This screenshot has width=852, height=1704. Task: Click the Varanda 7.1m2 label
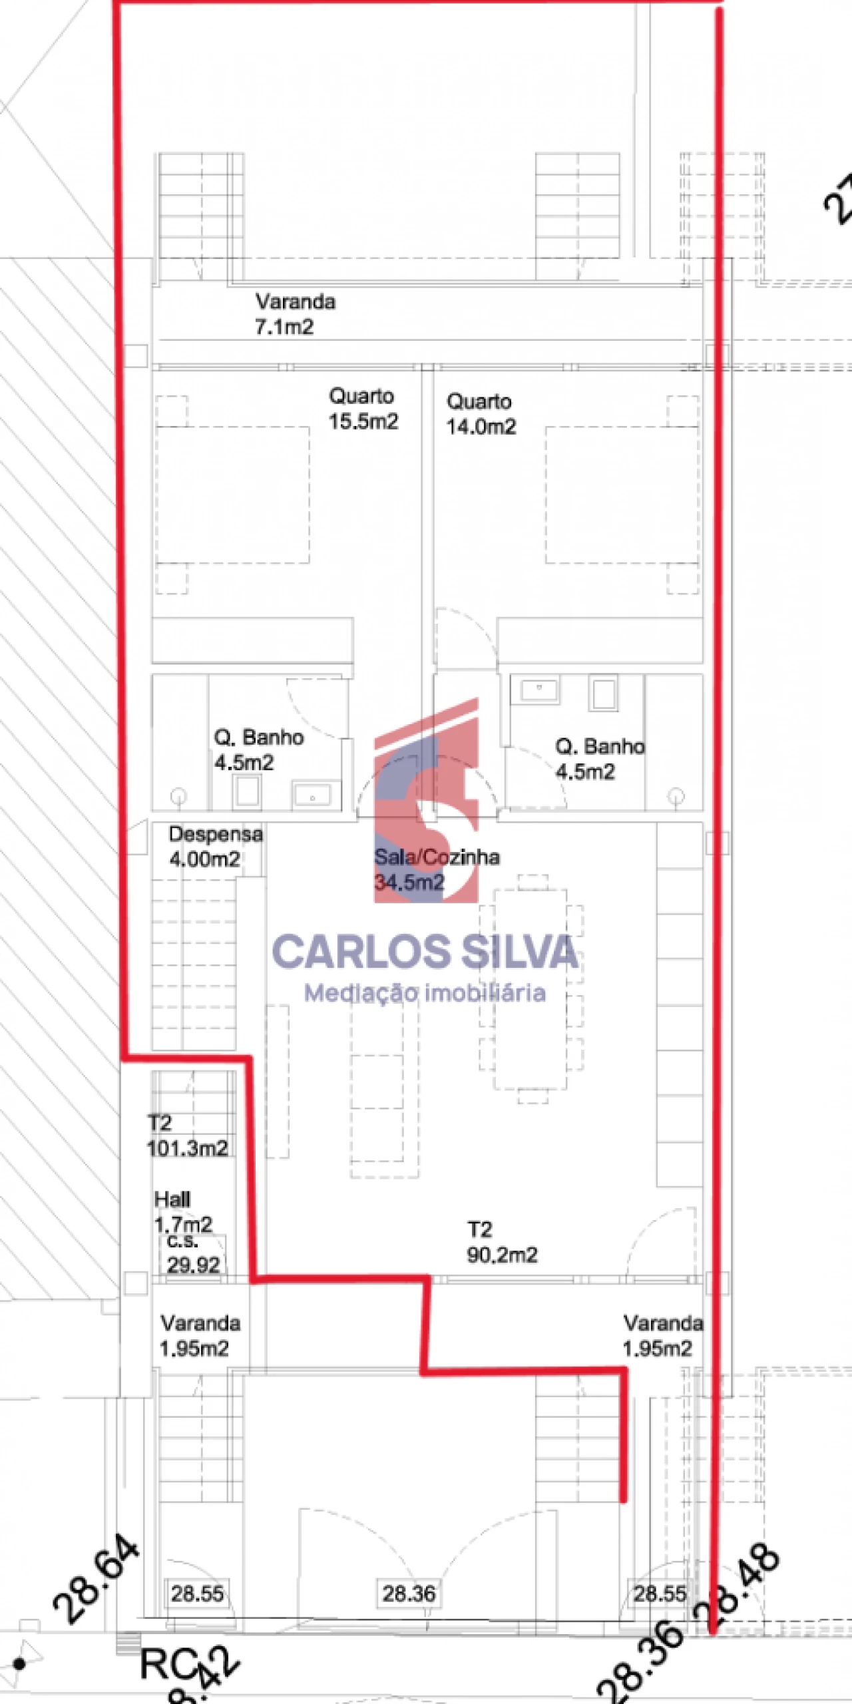point(295,314)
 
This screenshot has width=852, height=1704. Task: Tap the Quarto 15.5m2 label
point(363,409)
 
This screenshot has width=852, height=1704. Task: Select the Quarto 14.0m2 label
point(481,414)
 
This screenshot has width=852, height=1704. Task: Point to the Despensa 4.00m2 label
point(216,846)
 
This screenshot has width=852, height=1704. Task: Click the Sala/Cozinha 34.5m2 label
point(436,869)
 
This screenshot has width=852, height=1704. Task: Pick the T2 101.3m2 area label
point(186,1136)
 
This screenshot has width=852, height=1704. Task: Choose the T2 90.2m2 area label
point(502,1242)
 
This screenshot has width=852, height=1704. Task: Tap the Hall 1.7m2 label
point(182,1211)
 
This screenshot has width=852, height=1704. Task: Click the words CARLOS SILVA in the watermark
point(425,952)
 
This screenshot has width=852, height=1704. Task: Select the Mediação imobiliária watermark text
point(425,994)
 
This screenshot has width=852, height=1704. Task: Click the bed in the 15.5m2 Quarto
point(232,495)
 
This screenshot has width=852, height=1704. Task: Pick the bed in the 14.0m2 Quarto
point(622,495)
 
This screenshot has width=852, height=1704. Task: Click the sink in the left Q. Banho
point(312,796)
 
